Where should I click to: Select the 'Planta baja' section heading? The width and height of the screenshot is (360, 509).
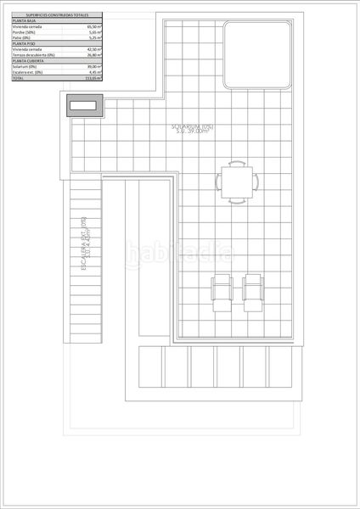(25, 21)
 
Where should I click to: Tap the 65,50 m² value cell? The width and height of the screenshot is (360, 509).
(93, 27)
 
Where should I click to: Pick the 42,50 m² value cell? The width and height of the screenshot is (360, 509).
(93, 49)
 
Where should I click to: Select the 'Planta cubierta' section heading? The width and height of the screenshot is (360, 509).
(28, 61)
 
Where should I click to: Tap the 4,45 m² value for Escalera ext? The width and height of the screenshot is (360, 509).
(93, 72)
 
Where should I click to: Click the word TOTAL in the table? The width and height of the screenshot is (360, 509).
(19, 78)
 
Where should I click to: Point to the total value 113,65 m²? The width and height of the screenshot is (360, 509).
(93, 78)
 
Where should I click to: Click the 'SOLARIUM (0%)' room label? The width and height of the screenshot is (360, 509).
(193, 127)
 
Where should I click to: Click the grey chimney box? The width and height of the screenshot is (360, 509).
(84, 106)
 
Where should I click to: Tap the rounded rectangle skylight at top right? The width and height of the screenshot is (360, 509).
(255, 56)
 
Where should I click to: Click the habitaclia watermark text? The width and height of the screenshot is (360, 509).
(180, 251)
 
